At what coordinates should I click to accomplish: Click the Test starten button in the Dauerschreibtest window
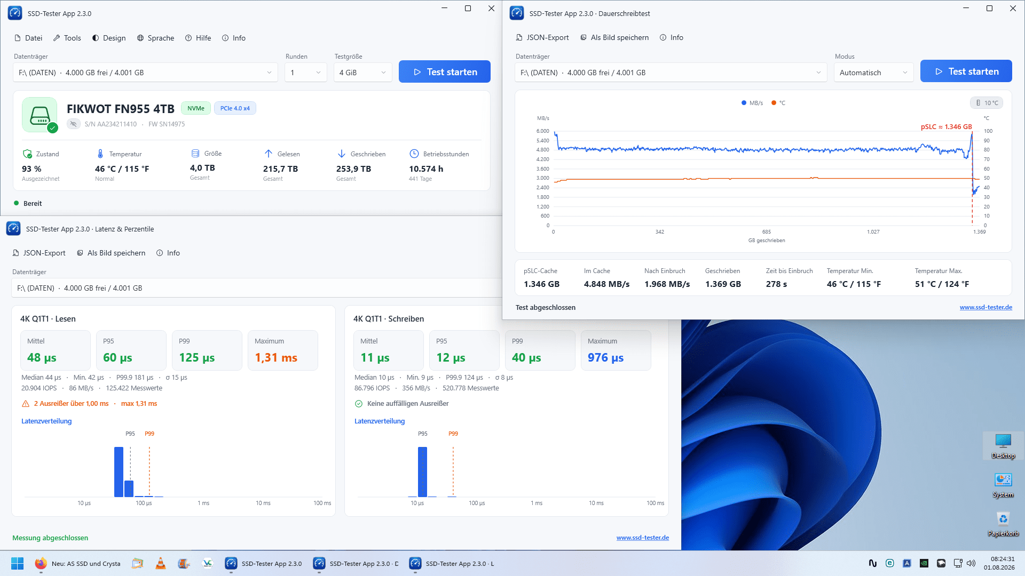(966, 71)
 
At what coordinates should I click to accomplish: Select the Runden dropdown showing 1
(305, 73)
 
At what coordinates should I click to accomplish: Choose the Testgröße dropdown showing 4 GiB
(363, 73)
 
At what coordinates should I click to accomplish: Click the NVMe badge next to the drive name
(196, 108)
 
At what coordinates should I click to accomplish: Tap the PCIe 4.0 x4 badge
(235, 108)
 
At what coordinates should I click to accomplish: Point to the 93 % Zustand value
(31, 169)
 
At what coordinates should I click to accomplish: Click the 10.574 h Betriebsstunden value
(426, 169)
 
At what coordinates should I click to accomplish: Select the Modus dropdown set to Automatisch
(873, 73)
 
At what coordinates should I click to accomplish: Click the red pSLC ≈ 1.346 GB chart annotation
(946, 127)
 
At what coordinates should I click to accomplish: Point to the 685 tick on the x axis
(767, 232)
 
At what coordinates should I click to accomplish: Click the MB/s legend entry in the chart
(752, 103)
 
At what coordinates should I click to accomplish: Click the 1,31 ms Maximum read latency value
(276, 358)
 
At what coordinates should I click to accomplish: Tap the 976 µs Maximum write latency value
(605, 358)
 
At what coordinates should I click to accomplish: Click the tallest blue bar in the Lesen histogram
(119, 472)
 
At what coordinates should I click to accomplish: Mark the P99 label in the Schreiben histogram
(453, 434)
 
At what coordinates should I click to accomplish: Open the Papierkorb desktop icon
(1003, 523)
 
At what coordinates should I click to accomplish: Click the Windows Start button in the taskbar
(18, 564)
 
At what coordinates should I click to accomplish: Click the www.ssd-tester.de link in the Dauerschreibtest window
(985, 307)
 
